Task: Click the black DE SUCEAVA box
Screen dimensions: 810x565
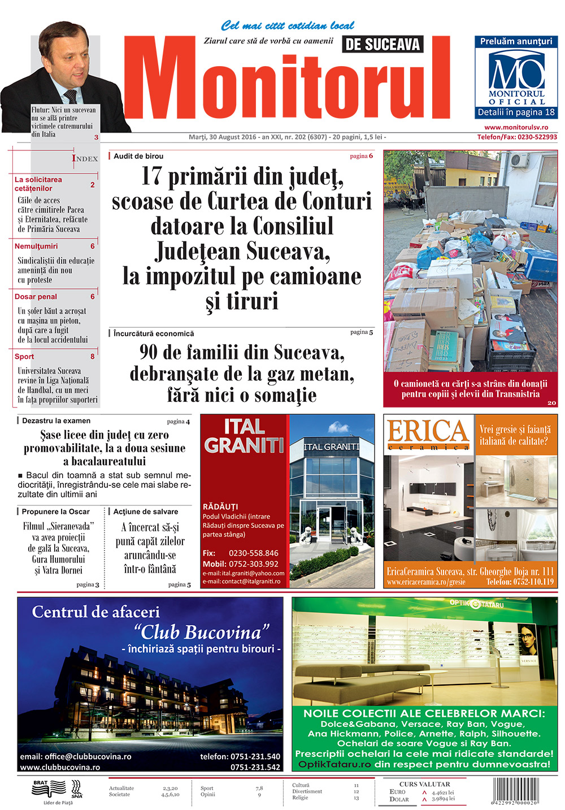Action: coord(383,45)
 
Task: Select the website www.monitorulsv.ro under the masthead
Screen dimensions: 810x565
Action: coord(516,128)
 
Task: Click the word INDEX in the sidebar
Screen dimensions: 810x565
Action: coord(85,158)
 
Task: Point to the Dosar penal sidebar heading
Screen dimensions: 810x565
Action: coord(36,297)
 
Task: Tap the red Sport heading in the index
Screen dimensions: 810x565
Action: coord(24,357)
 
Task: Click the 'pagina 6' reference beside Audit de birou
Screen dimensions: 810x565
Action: coord(361,156)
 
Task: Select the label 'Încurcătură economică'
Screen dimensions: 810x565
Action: coord(153,333)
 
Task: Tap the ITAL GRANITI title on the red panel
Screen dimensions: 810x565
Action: coord(244,436)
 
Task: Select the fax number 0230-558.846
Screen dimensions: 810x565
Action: coord(253,553)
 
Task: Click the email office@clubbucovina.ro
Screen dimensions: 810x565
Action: coord(76,756)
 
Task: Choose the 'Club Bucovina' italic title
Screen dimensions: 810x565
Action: coord(201,632)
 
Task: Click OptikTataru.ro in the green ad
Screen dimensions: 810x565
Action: coord(334,764)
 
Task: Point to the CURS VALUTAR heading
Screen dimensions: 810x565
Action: coord(424,784)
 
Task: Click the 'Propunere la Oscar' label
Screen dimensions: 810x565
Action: coord(55,512)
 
